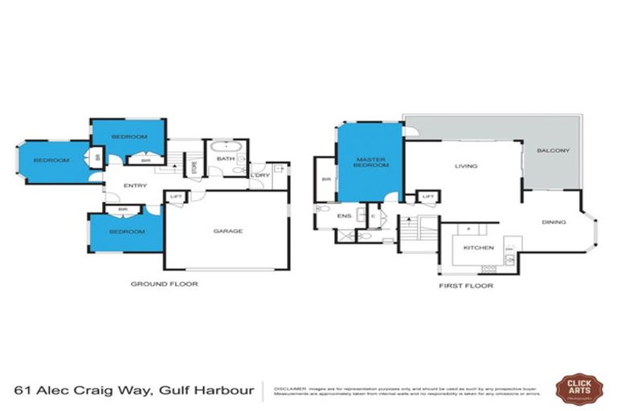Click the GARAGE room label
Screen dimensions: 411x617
(227, 231)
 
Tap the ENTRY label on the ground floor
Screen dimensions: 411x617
(134, 185)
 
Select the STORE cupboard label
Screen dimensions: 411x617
(194, 168)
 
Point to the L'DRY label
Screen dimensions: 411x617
(259, 176)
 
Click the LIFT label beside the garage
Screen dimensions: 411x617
(176, 196)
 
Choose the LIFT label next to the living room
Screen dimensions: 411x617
(428, 197)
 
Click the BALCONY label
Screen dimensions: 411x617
(553, 151)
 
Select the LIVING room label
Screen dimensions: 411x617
(466, 167)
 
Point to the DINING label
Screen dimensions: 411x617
(554, 222)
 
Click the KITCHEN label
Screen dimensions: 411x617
(479, 247)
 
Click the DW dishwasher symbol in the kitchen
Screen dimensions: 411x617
(509, 249)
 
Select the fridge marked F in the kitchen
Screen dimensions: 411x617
(468, 230)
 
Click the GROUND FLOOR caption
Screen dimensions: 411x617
(164, 284)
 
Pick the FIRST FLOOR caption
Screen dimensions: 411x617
(466, 285)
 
